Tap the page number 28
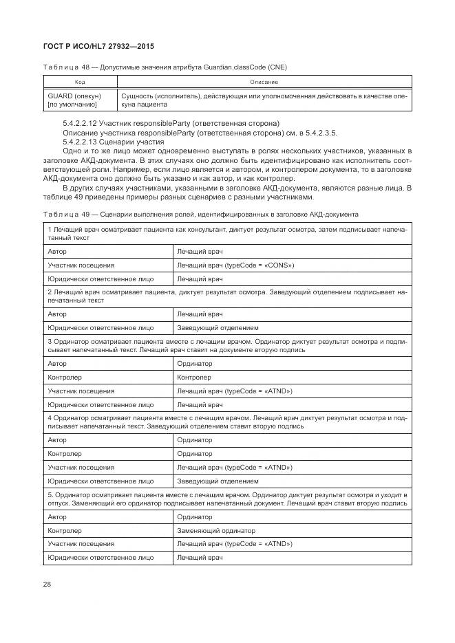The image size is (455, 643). [48, 585]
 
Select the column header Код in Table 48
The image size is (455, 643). [79, 82]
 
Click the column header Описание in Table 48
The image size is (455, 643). [264, 82]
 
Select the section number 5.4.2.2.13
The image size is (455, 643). [82, 141]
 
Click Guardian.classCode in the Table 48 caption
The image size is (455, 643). [232, 67]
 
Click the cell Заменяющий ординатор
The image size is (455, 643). [215, 530]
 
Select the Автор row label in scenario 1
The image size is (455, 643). [57, 252]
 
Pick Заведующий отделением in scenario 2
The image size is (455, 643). [218, 328]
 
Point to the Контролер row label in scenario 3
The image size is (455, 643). [64, 377]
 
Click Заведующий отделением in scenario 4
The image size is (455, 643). [218, 481]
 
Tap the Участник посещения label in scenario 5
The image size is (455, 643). [81, 543]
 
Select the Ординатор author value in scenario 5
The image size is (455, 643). [194, 516]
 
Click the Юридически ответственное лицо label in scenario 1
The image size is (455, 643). [100, 279]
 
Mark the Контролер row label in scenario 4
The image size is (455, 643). [64, 453]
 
